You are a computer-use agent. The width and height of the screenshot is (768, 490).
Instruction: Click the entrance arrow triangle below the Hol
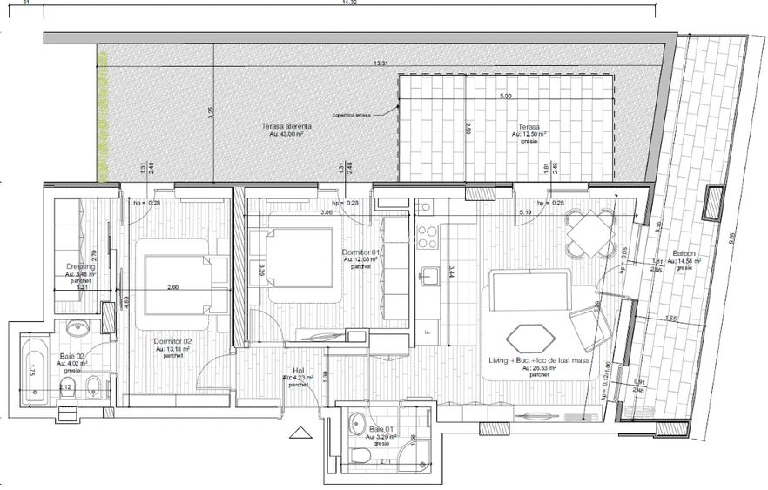point(300,433)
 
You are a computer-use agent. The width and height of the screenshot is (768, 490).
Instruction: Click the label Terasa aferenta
point(286,126)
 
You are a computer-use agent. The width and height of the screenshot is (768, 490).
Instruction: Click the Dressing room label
point(80,267)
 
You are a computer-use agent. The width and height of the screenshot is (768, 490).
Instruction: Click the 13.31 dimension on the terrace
point(381,64)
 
